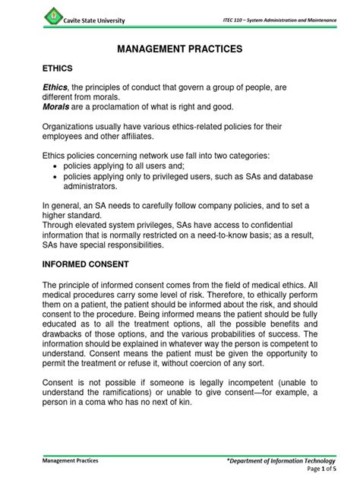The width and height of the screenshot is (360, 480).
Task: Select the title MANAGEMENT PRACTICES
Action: point(180,49)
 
